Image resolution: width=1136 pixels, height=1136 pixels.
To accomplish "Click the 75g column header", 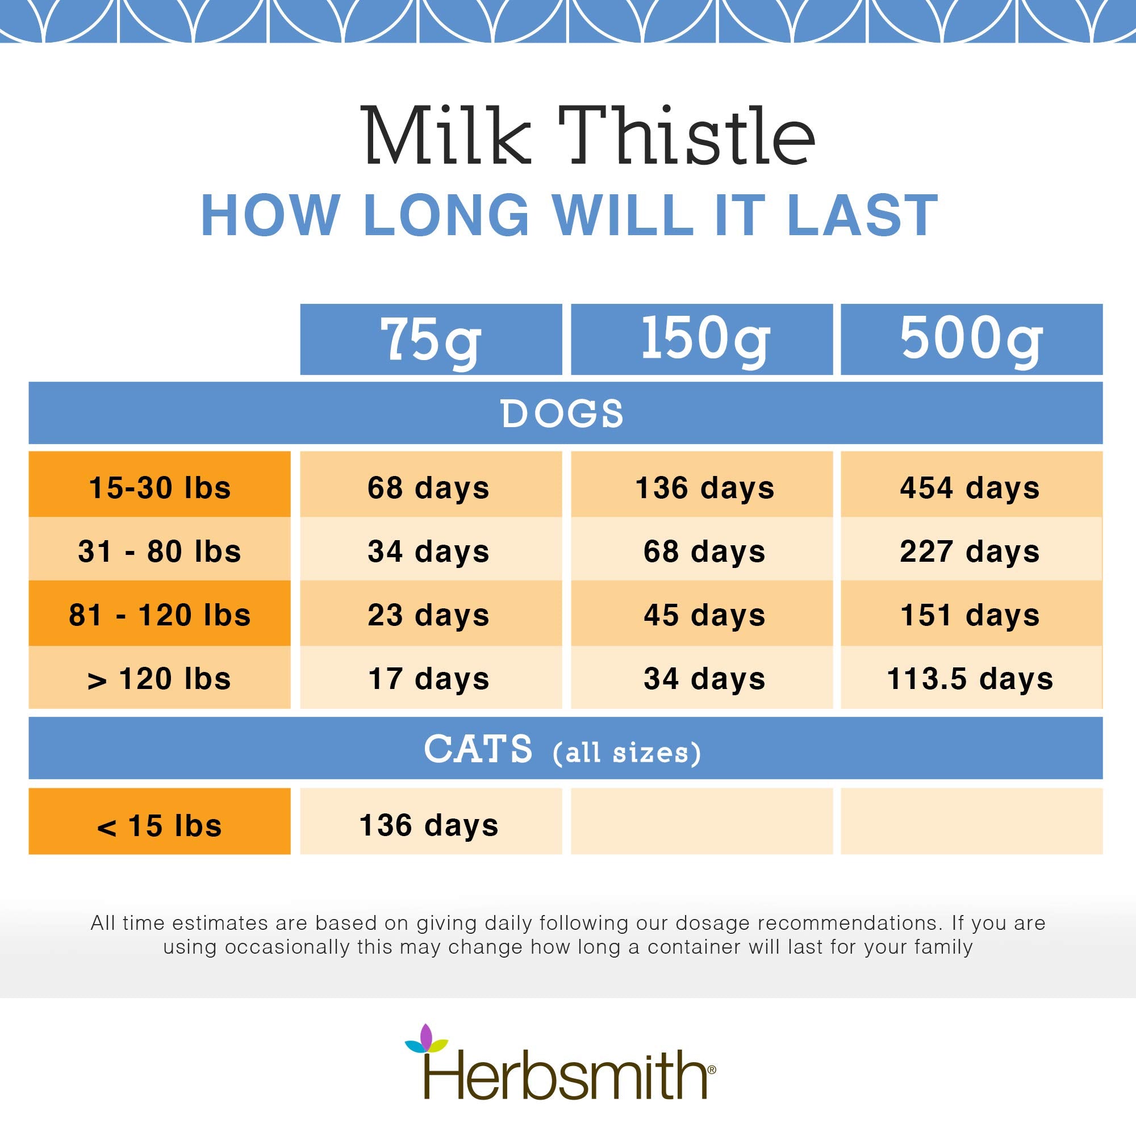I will click(431, 339).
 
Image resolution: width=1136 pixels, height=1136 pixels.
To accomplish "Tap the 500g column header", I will click(971, 339).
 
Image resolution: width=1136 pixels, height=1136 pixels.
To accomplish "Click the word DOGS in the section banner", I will click(562, 414).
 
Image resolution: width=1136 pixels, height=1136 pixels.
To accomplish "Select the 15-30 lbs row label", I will click(160, 487).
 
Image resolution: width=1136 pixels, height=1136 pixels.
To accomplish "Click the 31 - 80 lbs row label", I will click(160, 552).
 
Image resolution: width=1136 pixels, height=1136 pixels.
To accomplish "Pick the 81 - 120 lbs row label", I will click(160, 615).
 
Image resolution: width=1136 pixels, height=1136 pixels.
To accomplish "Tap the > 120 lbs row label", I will click(160, 679).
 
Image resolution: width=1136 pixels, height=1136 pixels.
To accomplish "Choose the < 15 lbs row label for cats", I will click(160, 825).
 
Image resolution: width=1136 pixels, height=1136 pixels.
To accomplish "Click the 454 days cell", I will click(970, 487).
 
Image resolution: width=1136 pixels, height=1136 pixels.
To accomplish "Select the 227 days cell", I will click(970, 552).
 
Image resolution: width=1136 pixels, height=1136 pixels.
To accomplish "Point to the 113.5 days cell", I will click(970, 679).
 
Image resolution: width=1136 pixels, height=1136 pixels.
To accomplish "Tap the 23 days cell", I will click(429, 615).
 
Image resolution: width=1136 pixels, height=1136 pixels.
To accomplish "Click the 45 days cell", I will click(704, 615).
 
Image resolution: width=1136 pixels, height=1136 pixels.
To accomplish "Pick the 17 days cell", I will click(429, 679).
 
